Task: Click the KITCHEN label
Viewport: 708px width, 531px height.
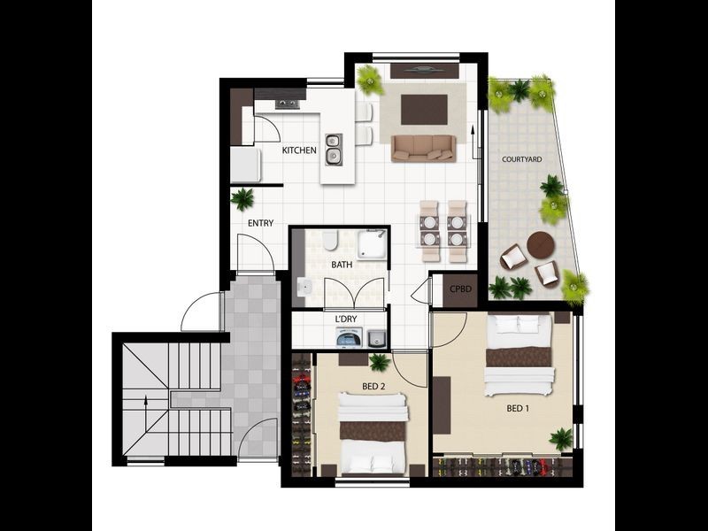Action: (x=299, y=150)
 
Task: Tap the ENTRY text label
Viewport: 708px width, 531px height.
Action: (x=260, y=223)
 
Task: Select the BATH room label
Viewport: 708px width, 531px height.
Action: (x=342, y=265)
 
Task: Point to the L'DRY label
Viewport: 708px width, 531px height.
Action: (x=346, y=319)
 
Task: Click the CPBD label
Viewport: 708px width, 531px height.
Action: (x=459, y=289)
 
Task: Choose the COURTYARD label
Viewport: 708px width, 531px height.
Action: (x=521, y=159)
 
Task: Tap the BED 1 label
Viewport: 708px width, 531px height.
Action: (x=519, y=409)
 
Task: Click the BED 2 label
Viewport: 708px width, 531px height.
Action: (x=373, y=387)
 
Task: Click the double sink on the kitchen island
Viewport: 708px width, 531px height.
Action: (x=334, y=149)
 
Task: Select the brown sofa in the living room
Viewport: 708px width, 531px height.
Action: (x=423, y=148)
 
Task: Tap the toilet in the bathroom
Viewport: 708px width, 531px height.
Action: (x=328, y=240)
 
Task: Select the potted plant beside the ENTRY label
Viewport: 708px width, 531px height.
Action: (x=242, y=199)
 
